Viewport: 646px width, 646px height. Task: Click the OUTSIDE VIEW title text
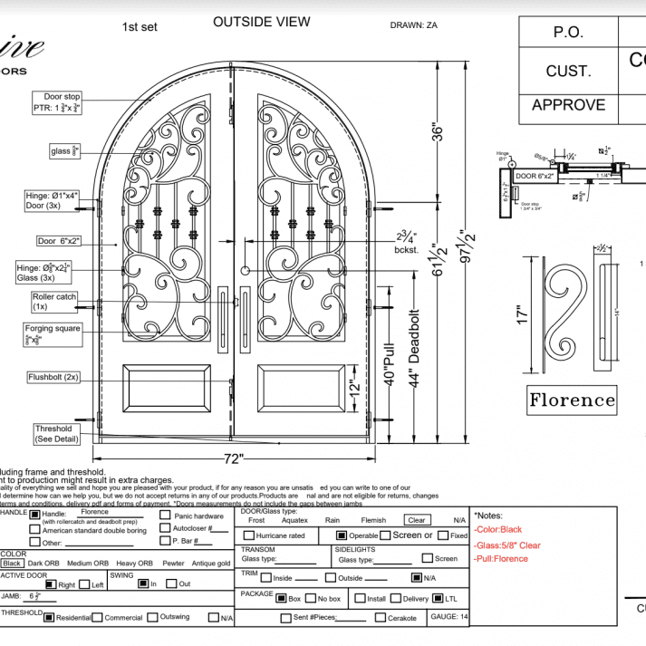click(261, 22)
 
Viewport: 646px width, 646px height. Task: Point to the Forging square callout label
click(55, 329)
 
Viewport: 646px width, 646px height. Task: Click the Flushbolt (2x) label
click(53, 376)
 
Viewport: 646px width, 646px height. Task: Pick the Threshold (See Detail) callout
click(53, 434)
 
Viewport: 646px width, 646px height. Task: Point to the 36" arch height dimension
click(439, 132)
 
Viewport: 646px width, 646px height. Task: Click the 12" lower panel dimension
click(355, 391)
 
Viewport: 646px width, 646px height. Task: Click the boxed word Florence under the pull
click(572, 400)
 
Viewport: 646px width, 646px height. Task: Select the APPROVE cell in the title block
click(568, 105)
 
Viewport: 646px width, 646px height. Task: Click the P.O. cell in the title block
click(568, 32)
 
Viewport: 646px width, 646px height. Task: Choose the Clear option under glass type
click(416, 520)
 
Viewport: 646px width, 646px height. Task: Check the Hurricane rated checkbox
click(248, 536)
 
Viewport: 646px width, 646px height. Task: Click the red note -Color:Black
click(498, 530)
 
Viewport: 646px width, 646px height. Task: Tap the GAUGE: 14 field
click(450, 617)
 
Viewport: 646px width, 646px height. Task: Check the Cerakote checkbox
click(381, 618)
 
